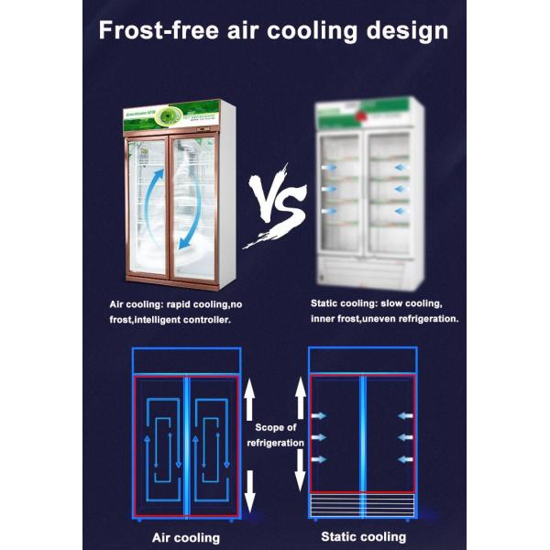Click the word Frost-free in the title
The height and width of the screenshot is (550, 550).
[x=157, y=30]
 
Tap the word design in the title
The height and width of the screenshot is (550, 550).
[x=405, y=30]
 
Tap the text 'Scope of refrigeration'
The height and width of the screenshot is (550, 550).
[x=275, y=434]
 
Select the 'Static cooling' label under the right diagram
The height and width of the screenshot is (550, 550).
[x=363, y=536]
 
